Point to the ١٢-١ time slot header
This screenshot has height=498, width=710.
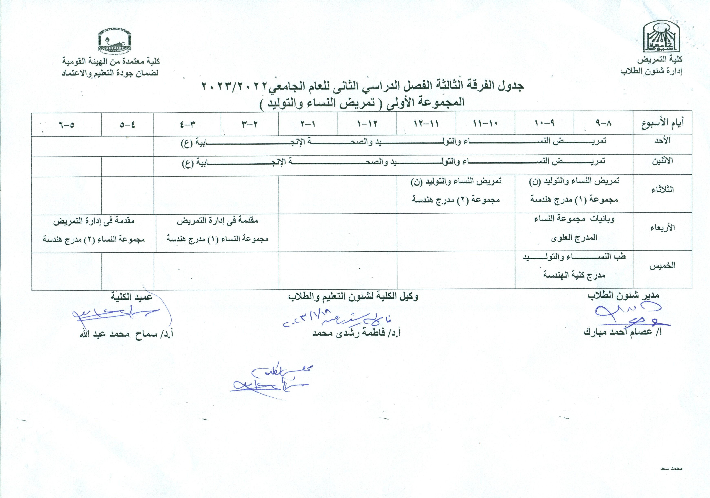coord(367,124)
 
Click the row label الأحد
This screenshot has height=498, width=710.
coord(662,141)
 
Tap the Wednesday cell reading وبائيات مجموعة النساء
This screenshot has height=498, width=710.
coord(574,228)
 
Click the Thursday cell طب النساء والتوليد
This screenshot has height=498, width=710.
coord(574,266)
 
